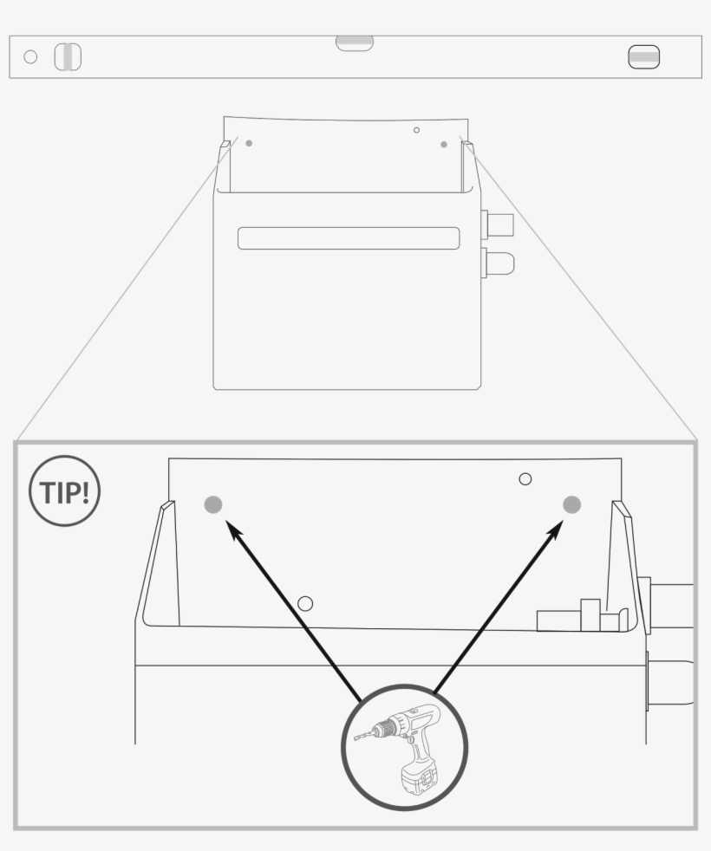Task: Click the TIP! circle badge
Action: (65, 491)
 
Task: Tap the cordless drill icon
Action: (406, 748)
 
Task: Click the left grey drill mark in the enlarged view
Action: (212, 504)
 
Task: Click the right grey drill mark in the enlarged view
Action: (571, 504)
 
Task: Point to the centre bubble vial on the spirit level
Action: (355, 43)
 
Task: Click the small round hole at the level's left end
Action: (30, 57)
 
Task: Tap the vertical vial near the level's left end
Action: (68, 57)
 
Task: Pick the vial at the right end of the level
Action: (643, 57)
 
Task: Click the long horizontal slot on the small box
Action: (349, 238)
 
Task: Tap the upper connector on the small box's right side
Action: (498, 225)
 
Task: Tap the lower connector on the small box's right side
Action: (498, 262)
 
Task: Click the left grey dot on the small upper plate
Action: (249, 143)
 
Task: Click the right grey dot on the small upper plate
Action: (444, 144)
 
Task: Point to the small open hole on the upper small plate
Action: (416, 130)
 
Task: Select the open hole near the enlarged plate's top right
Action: (525, 478)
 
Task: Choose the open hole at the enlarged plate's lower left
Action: (305, 603)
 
